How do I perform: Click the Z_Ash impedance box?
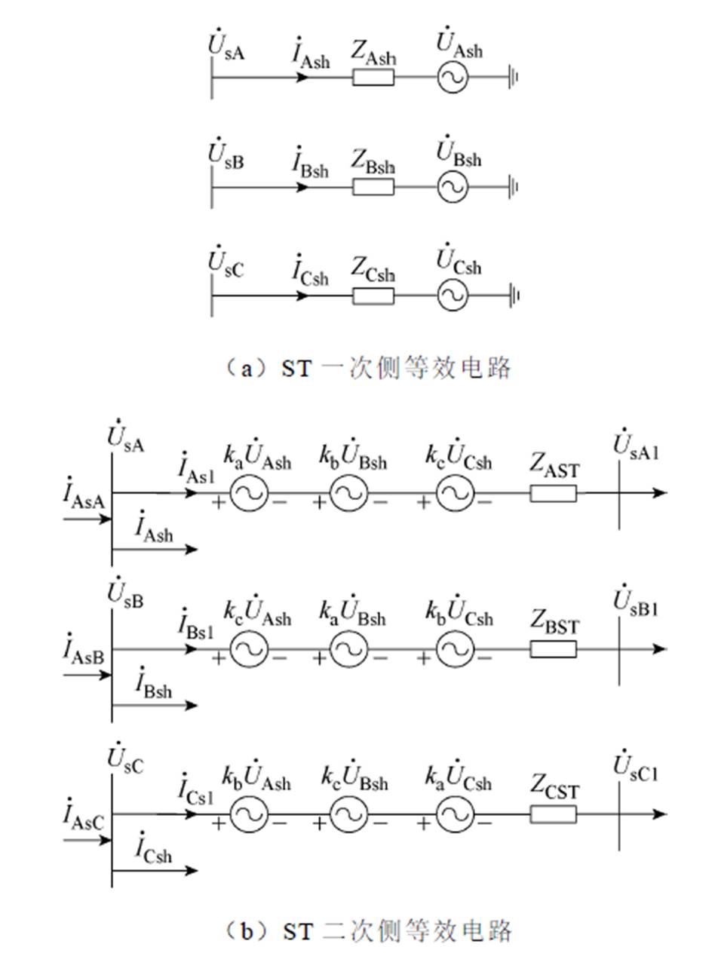click(x=373, y=77)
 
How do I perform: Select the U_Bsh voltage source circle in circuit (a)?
click(x=453, y=186)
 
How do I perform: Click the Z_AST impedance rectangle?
click(x=553, y=493)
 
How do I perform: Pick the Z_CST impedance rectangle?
click(x=553, y=814)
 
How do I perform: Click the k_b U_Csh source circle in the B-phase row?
click(x=455, y=649)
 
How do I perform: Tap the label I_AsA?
click(x=84, y=498)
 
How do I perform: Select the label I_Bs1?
click(x=195, y=624)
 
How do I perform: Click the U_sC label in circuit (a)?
click(x=226, y=264)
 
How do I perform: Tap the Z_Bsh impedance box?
click(x=373, y=186)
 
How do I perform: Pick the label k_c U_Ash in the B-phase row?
click(x=256, y=613)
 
